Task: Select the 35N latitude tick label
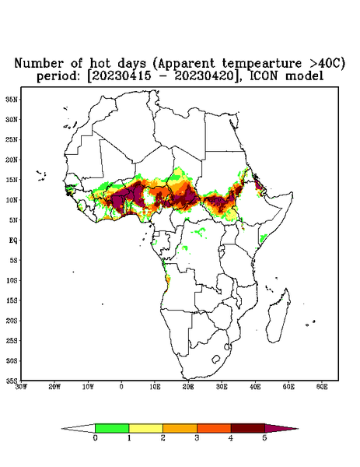(12, 99)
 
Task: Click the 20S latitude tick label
(12, 321)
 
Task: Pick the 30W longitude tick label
(21, 387)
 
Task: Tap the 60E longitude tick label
(322, 387)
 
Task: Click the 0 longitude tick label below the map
(121, 387)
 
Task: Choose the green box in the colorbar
(112, 428)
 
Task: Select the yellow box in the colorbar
(145, 428)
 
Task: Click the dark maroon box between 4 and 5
(248, 428)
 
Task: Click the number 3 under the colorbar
(197, 438)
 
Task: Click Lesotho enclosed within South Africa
(216, 359)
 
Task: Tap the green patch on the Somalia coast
(263, 238)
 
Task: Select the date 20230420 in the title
(205, 76)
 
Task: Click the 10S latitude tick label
(12, 280)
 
